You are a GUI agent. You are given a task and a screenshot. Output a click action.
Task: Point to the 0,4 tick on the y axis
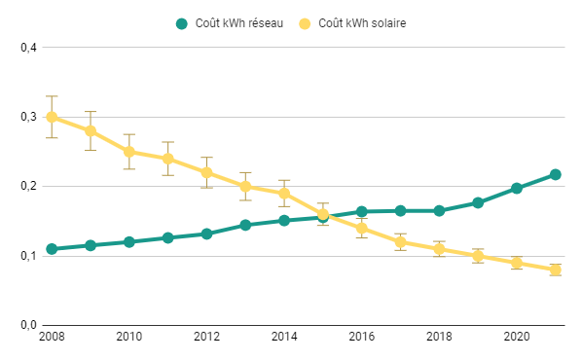(26, 47)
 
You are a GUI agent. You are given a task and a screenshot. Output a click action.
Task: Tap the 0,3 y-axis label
(26, 117)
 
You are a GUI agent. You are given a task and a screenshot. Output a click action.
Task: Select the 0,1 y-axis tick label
(26, 256)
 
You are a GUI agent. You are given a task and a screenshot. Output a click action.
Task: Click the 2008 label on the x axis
(52, 336)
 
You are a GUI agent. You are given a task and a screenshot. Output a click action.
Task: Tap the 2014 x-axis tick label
(284, 336)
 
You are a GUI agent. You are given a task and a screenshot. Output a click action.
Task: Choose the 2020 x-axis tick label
(517, 336)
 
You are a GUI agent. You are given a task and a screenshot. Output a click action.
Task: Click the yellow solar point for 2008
(52, 117)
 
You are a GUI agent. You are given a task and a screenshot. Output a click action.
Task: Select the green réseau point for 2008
(52, 249)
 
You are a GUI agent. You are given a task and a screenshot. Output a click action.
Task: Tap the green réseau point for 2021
(556, 174)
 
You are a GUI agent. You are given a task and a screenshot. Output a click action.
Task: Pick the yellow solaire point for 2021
(556, 270)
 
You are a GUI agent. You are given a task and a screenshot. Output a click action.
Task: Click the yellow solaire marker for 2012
(206, 172)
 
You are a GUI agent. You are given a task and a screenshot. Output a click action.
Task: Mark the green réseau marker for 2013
(245, 225)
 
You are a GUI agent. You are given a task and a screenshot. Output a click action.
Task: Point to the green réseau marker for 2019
(478, 202)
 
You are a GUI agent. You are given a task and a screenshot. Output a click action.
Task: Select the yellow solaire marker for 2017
(400, 242)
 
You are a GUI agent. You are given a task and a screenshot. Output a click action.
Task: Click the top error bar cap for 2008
(52, 96)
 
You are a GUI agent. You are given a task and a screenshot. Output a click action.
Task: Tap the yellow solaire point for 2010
(129, 152)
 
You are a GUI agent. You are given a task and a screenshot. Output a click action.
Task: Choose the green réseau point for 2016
(362, 211)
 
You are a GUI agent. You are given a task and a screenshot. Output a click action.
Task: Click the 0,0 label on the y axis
(26, 325)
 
